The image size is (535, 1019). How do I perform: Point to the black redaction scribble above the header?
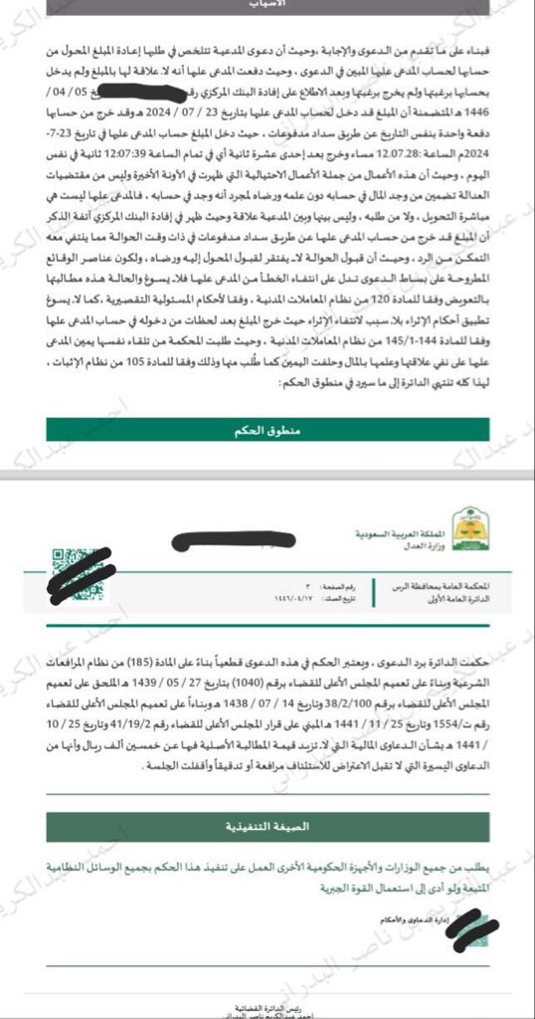pyautogui.click(x=235, y=543)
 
